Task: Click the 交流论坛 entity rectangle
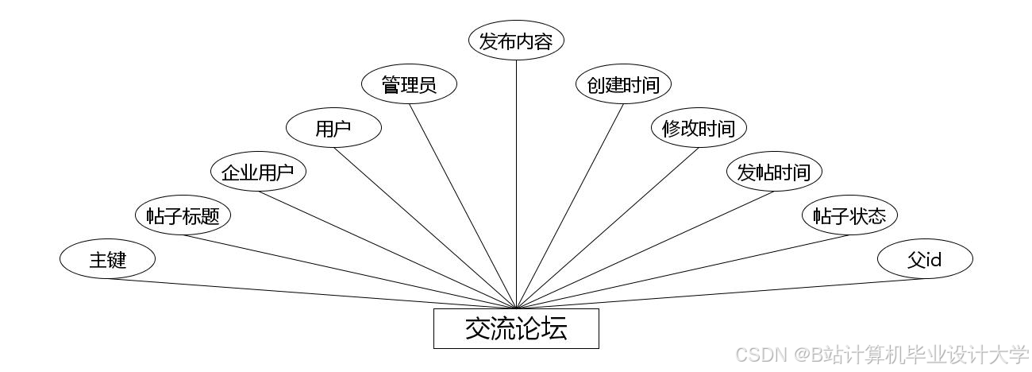click(516, 328)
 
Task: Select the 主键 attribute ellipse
click(107, 259)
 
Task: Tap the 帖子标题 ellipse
click(183, 215)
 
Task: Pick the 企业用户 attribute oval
click(258, 172)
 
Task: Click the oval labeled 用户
click(333, 128)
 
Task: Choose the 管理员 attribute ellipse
click(409, 84)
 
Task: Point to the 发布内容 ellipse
click(516, 41)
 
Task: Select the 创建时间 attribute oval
click(623, 84)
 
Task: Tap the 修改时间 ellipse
click(699, 128)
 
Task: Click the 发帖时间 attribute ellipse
click(774, 172)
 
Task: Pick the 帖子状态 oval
click(849, 215)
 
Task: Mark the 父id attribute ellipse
click(925, 259)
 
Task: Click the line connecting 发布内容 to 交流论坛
click(516, 183)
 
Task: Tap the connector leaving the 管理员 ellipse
click(464, 206)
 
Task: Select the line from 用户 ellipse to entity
click(426, 228)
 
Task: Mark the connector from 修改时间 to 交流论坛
click(606, 228)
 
